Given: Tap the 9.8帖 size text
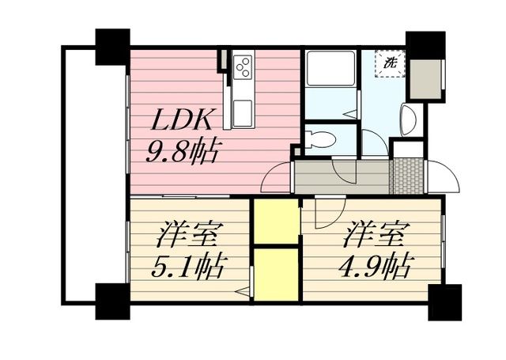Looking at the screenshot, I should [x=184, y=150].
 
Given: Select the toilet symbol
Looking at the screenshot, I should [x=323, y=141].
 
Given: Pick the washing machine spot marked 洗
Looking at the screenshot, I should [x=391, y=63].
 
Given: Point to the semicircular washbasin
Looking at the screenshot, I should [x=409, y=121].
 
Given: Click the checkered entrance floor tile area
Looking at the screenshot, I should [x=407, y=176].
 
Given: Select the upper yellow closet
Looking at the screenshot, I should [x=275, y=222].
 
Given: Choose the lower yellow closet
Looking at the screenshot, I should [x=275, y=273].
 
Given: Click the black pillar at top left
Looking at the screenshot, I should [x=111, y=47].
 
